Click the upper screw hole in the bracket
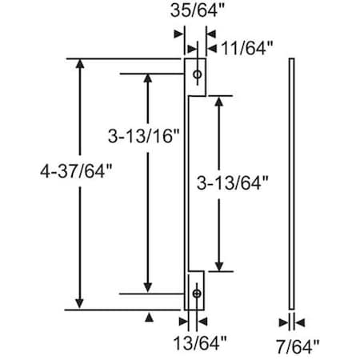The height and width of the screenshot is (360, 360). pyautogui.click(x=197, y=74)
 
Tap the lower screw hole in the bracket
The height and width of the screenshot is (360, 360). pyautogui.click(x=197, y=294)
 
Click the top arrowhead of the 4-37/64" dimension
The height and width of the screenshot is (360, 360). pyautogui.click(x=79, y=65)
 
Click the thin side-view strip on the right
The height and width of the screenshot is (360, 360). pyautogui.click(x=294, y=183)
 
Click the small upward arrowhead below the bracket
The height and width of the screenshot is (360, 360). pyautogui.click(x=148, y=318)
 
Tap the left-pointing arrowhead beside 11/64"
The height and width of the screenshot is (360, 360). pyautogui.click(x=213, y=49)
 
